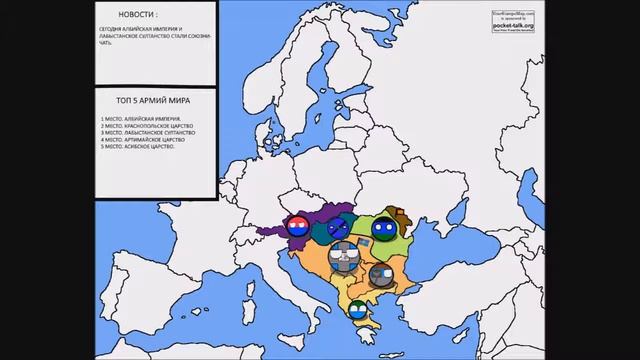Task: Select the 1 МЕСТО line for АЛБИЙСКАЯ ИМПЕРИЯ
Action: pos(137,119)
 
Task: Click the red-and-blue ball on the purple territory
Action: pos(297,226)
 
